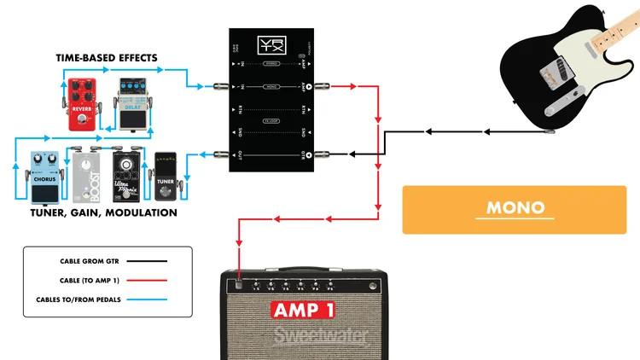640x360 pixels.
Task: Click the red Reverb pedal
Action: tap(82, 103)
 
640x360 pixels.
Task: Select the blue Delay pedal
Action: tap(132, 104)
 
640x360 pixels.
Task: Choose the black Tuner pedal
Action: tap(166, 177)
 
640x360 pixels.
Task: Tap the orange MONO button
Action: tap(515, 208)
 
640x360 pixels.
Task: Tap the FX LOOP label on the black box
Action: tap(271, 121)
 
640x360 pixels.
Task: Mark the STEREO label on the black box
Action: tap(271, 62)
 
